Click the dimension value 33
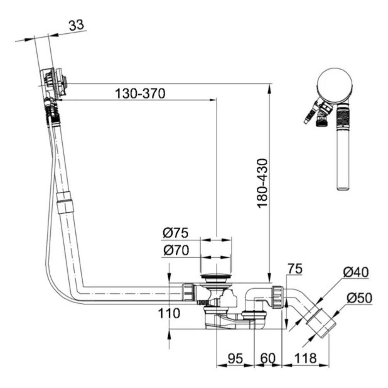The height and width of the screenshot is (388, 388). (76, 25)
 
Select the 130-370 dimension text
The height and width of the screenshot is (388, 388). (140, 93)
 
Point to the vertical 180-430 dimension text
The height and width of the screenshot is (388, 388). (263, 183)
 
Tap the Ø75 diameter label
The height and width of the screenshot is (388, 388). (176, 232)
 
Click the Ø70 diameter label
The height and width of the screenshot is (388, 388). (176, 251)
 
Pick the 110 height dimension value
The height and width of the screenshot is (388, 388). (169, 313)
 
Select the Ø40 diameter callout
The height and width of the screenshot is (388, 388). (356, 273)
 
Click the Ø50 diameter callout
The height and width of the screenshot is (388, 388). (359, 298)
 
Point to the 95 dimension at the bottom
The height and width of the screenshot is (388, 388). (236, 358)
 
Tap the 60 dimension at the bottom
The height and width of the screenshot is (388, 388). (268, 358)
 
